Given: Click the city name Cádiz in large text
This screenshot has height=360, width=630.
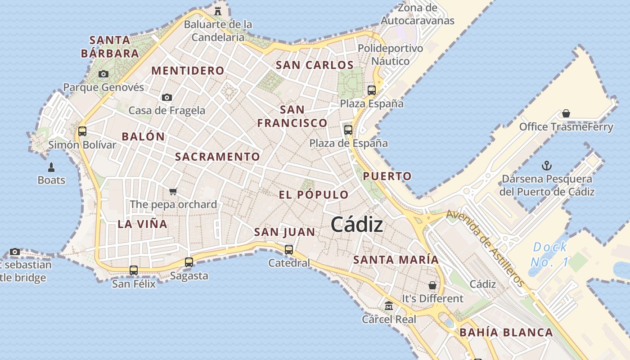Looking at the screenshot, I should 357,225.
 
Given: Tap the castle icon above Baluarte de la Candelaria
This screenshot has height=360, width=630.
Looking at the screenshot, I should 218,10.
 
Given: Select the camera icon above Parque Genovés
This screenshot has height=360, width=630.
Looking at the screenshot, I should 103,74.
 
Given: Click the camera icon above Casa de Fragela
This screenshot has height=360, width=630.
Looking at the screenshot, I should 167,97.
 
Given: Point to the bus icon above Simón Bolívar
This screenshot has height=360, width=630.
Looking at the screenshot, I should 82,131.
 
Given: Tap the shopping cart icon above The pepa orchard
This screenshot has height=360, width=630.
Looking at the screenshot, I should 173,191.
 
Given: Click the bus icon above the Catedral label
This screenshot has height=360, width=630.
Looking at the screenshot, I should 289,249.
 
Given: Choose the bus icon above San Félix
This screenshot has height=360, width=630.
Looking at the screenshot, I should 134,270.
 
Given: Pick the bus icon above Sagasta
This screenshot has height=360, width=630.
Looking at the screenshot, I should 189,262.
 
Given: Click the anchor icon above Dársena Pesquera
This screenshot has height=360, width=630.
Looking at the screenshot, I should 547,166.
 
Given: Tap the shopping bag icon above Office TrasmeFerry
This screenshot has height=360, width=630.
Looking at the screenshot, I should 566,113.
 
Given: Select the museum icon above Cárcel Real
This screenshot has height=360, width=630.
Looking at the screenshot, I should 389,306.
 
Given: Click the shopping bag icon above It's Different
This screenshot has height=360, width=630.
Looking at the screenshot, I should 432,285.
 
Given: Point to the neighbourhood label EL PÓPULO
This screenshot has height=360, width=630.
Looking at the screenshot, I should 314,195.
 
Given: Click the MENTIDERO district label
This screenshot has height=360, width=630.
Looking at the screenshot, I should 188,71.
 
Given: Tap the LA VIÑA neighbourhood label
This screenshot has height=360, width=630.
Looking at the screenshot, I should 142,224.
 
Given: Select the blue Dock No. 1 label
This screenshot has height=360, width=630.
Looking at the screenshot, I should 549,254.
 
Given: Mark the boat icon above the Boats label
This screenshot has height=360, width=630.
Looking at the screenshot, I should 51,167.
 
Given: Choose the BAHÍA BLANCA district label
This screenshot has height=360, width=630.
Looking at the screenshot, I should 506,333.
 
